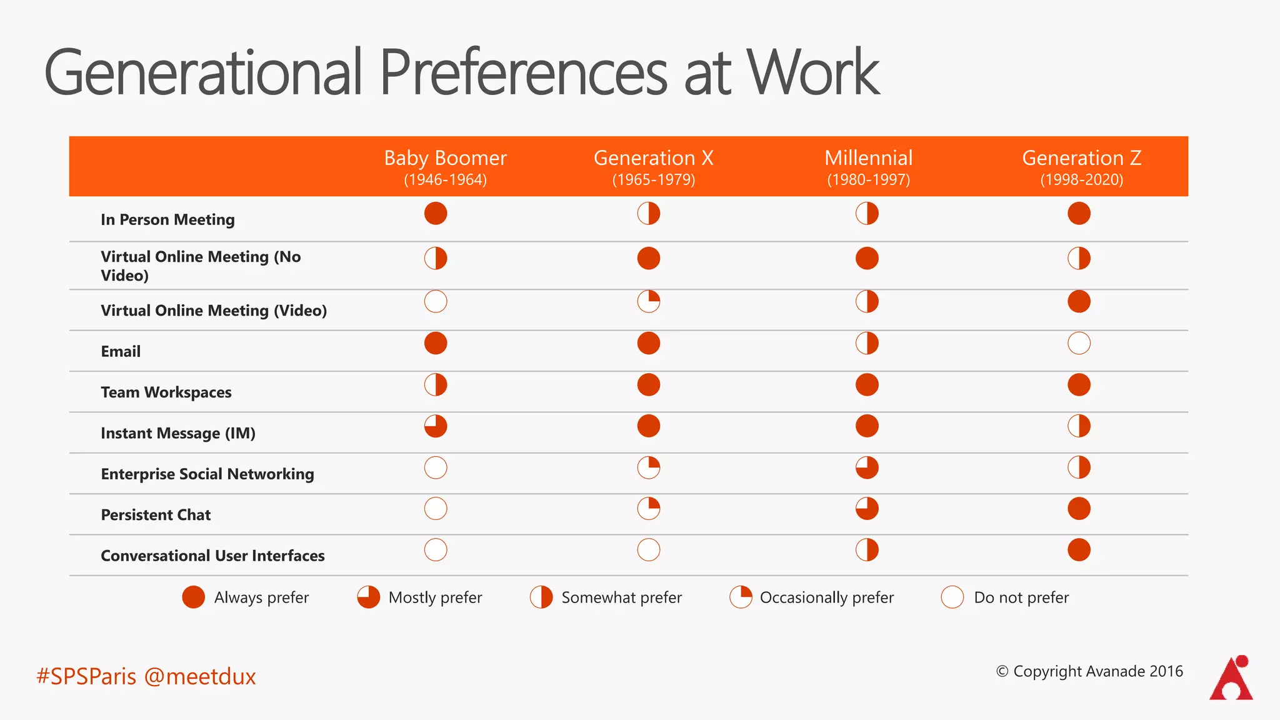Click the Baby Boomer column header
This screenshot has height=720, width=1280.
coord(445,158)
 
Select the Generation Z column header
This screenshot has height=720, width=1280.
coord(1081,158)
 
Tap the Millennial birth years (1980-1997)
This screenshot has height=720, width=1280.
coord(868,180)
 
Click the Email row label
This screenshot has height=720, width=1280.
coord(121,351)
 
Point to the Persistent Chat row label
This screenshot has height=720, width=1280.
coord(156,515)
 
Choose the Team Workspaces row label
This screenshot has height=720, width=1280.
coord(166,392)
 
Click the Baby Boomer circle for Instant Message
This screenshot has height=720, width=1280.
coord(436,426)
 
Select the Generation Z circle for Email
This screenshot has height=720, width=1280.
coord(1079,343)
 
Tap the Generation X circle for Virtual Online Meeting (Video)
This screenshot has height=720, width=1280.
coord(649,302)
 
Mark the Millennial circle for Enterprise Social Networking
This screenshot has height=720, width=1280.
coord(867,467)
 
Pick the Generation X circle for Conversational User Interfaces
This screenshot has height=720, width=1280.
coord(649,550)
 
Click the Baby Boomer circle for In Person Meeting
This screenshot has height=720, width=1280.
coord(436,214)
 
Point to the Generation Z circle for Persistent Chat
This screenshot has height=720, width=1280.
coord(1079,509)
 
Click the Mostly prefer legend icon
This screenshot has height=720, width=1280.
coord(369,597)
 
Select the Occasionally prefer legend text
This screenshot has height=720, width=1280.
coord(826,597)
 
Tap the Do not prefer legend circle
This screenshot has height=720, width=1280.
coord(952,597)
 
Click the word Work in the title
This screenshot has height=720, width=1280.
coord(812,73)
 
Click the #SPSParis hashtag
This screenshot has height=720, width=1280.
coord(86,676)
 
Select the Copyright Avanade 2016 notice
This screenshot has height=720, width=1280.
coord(1089,671)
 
